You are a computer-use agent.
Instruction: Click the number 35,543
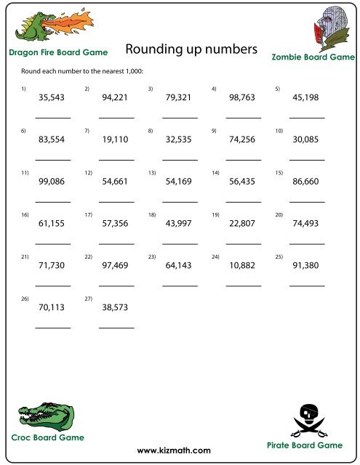52,97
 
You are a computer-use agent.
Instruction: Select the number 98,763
243,97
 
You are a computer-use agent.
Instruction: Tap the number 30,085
306,139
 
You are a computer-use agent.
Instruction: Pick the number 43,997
179,223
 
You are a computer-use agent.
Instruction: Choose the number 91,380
306,266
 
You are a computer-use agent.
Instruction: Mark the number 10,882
243,266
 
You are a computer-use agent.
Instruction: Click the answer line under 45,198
307,118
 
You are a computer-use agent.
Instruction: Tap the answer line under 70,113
53,328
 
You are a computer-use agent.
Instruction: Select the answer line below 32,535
180,160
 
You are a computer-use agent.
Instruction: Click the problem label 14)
216,172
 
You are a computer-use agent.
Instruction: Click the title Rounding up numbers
191,49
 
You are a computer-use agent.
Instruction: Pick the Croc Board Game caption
47,437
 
